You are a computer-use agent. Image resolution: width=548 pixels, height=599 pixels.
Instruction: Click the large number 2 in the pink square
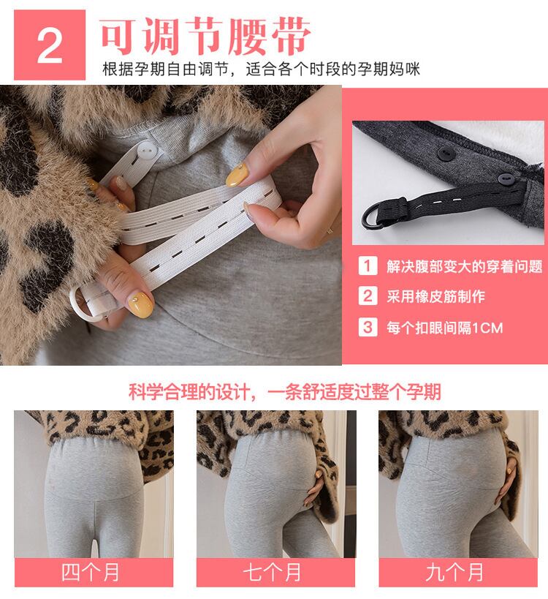(50, 46)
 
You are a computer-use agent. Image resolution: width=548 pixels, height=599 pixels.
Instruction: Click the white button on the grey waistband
(147, 152)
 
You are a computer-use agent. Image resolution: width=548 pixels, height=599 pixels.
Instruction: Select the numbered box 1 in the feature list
(368, 265)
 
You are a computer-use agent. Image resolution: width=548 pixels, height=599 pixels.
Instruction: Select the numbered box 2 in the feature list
(368, 296)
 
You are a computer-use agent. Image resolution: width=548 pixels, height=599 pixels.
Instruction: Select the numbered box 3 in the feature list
(368, 327)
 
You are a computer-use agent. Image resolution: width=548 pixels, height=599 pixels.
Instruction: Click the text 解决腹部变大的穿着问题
(465, 266)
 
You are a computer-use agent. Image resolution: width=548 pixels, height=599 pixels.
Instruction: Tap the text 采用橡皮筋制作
(435, 296)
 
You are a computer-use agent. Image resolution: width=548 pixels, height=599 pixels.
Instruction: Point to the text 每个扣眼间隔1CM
(444, 328)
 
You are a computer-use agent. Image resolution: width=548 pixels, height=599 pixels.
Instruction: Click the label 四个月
(91, 572)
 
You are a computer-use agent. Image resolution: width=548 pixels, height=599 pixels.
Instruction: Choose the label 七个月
(272, 572)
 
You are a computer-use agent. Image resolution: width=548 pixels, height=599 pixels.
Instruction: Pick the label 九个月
(454, 572)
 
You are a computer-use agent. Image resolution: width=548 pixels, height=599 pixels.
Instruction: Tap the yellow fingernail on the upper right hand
(237, 175)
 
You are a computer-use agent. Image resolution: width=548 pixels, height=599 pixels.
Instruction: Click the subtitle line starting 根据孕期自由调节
(262, 69)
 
